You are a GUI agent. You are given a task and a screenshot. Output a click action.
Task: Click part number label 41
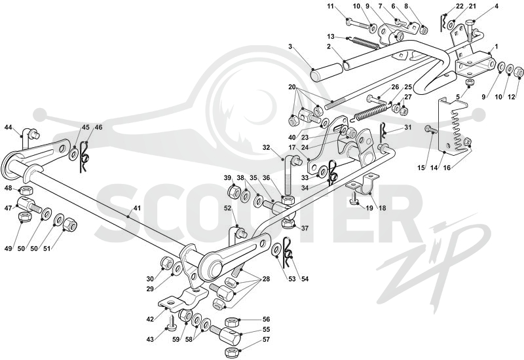pos(137,208)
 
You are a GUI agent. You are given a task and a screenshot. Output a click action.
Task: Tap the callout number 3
pos(290,46)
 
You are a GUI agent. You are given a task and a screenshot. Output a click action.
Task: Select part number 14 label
pos(434,168)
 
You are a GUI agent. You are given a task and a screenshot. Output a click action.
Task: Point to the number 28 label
pos(266,279)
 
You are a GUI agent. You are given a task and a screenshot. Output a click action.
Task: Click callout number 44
pos(9,127)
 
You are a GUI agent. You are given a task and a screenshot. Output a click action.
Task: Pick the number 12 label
pos(512,97)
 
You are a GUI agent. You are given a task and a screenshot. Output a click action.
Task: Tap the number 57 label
pos(266,340)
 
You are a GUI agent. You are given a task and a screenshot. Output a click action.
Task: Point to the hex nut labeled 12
pos(518,71)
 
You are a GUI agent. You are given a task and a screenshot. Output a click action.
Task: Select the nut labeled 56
pos(231,322)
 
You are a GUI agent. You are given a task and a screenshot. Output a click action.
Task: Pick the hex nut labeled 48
pos(26,190)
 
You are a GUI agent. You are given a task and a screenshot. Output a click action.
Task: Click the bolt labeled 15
pos(430,129)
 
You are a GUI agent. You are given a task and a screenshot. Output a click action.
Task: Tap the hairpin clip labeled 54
pos(287,252)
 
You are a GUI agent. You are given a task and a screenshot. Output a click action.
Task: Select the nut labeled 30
pos(166,263)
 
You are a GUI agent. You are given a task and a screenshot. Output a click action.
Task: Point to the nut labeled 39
pos(234,192)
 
